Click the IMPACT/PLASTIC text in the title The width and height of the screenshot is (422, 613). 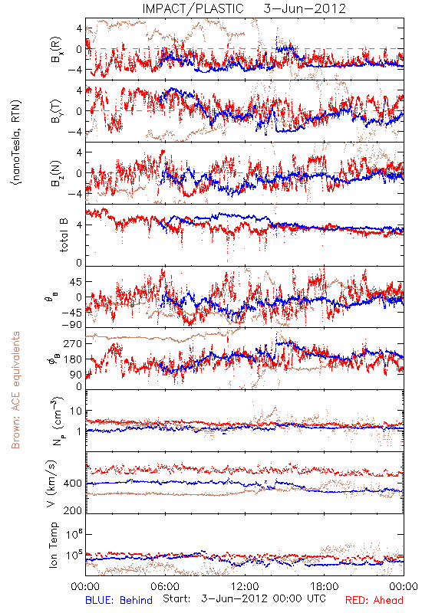point(193,8)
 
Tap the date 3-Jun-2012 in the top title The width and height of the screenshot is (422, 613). point(305,8)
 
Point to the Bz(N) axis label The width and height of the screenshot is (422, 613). point(56,173)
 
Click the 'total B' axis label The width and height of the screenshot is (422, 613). point(64,235)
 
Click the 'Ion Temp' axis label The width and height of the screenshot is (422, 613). point(53,545)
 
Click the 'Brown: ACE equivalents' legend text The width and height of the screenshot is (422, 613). point(15,390)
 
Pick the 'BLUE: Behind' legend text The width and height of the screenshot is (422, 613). point(119,600)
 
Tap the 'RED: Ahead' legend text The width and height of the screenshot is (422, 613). point(374,600)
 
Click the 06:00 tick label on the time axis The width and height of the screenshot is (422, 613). point(165,586)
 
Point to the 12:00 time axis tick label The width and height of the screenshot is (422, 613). point(245,586)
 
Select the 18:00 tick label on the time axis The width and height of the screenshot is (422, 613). point(325,586)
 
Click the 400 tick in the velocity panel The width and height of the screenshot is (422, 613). point(72,484)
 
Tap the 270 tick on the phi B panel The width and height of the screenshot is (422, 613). point(73,343)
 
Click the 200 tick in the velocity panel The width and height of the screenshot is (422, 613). point(72,510)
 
